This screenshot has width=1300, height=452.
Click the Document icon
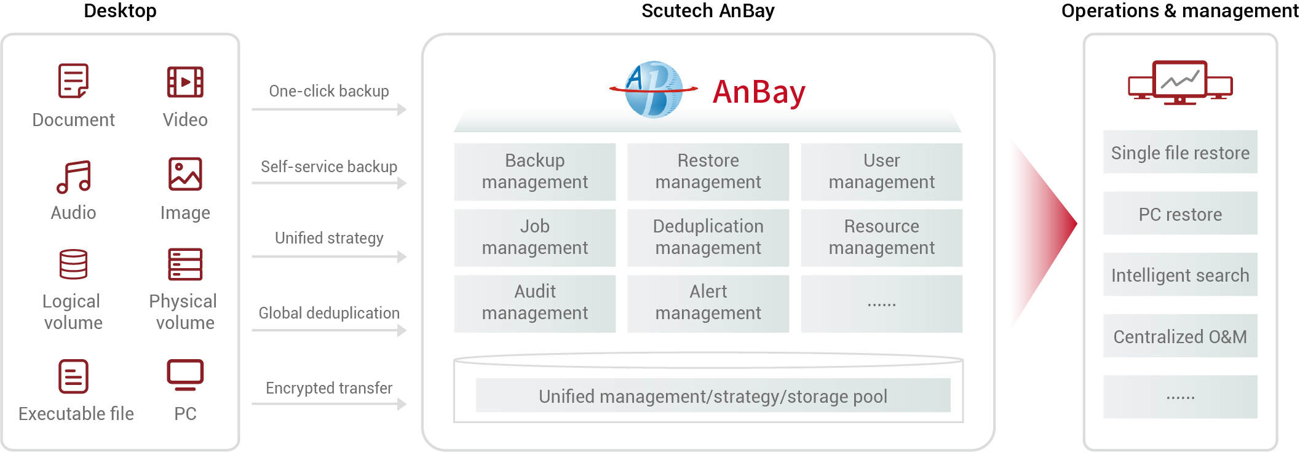tap(73, 81)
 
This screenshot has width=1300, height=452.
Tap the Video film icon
tap(185, 82)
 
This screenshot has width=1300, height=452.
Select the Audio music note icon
tap(73, 177)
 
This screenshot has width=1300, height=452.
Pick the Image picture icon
tap(185, 174)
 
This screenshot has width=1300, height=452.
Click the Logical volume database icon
tap(73, 264)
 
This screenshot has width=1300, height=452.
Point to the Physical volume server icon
tap(185, 264)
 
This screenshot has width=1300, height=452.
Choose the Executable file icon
tap(73, 376)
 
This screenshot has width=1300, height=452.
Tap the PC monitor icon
tap(185, 375)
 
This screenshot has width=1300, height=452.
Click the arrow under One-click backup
tap(329, 109)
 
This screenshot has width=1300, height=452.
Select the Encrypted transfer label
tap(329, 388)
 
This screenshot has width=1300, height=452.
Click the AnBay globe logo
tap(654, 90)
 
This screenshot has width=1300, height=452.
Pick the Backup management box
tap(534, 172)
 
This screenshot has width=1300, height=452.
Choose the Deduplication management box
tap(708, 237)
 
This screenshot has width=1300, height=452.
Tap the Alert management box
tap(708, 303)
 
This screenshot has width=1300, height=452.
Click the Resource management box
tap(881, 237)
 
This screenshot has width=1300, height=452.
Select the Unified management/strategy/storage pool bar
tap(713, 396)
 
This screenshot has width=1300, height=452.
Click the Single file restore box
tap(1179, 152)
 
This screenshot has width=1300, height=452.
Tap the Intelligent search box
tap(1179, 275)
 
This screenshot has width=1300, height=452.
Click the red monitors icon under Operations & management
tap(1179, 82)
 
